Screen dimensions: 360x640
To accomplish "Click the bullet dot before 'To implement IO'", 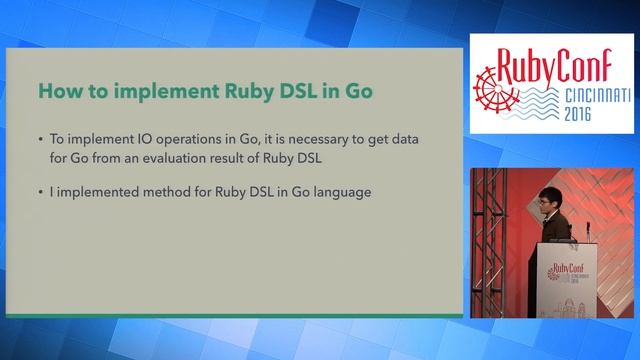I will coord(39,140).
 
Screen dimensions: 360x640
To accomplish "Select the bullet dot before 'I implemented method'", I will coord(39,193).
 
